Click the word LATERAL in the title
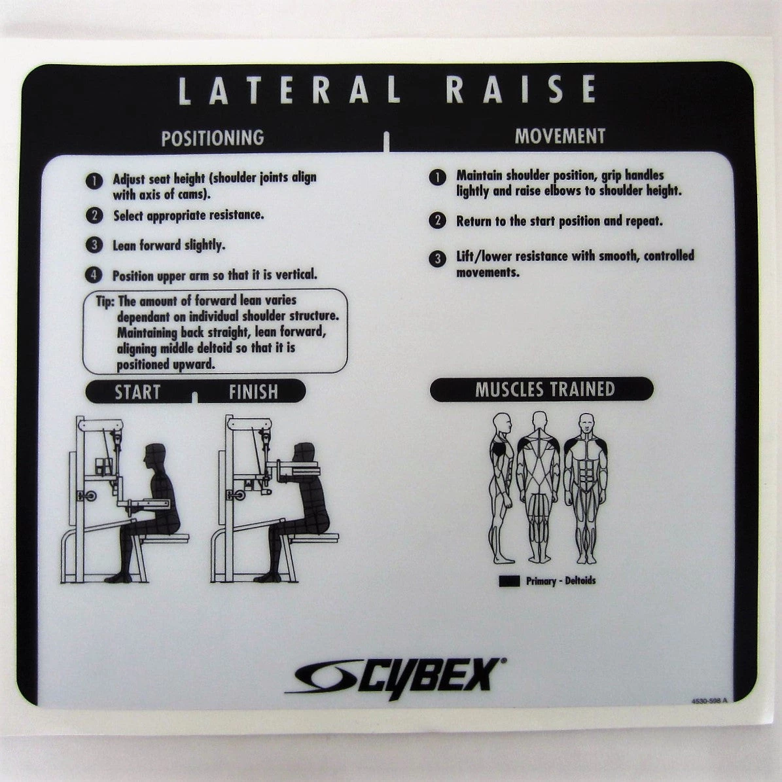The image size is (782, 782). pyautogui.click(x=289, y=90)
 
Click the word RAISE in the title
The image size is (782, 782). pyautogui.click(x=521, y=90)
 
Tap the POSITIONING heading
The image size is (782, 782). pyautogui.click(x=213, y=138)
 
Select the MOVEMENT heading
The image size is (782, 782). pyautogui.click(x=560, y=136)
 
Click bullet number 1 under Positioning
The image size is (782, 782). pyautogui.click(x=94, y=181)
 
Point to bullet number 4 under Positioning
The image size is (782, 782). pyautogui.click(x=94, y=275)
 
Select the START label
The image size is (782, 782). pyautogui.click(x=137, y=392)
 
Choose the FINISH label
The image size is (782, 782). pyautogui.click(x=253, y=392)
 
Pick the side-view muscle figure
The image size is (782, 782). pyautogui.click(x=502, y=488)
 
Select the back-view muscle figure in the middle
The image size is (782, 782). pyautogui.click(x=539, y=488)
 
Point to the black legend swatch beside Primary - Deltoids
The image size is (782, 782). pyautogui.click(x=509, y=580)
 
